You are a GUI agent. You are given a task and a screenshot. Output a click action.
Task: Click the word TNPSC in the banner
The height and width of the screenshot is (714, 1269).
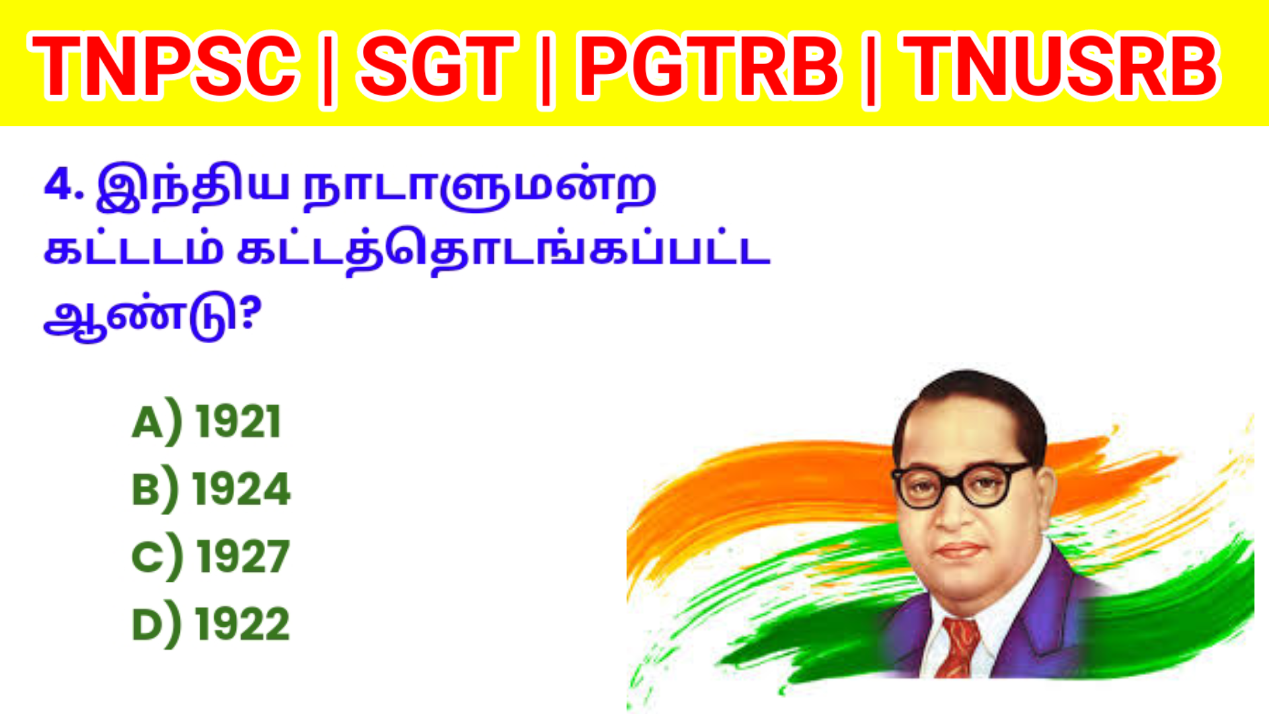click(163, 66)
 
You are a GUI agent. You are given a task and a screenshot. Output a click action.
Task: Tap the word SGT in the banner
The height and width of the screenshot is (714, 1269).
click(436, 66)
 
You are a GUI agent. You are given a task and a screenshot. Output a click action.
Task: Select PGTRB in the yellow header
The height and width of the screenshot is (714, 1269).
click(709, 66)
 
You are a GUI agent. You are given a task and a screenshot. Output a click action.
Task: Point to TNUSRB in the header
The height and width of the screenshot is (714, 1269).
click(1061, 66)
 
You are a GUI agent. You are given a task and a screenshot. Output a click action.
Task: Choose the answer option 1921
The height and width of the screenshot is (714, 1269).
click(239, 422)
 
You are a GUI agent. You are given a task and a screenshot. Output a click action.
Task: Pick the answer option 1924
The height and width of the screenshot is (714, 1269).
click(241, 489)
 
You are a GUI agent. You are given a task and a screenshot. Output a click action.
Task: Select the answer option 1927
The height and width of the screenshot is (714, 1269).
click(243, 557)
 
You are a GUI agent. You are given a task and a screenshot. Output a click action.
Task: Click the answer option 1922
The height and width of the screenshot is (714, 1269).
click(243, 624)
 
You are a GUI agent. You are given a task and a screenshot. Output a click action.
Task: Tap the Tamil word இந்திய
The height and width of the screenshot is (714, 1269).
click(192, 186)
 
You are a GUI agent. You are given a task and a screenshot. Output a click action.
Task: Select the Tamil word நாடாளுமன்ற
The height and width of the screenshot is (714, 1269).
click(479, 188)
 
